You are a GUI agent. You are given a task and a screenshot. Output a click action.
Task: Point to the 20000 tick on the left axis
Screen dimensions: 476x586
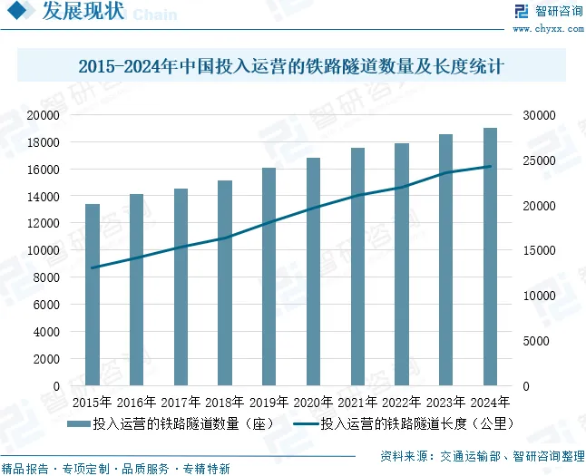(44, 115)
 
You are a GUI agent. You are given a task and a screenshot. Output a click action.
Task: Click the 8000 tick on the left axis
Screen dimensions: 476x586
(47, 277)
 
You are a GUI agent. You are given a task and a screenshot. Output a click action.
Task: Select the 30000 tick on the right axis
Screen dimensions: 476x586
(537, 115)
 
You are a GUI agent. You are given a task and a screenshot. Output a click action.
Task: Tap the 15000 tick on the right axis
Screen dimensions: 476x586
(537, 250)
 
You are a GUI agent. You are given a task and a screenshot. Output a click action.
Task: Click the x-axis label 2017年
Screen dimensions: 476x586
(181, 402)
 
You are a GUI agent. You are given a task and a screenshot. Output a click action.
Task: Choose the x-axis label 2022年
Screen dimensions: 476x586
(401, 402)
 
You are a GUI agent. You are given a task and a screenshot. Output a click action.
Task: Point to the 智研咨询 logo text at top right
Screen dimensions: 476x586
(548, 12)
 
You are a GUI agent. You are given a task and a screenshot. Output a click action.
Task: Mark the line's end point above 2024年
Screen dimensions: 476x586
(490, 166)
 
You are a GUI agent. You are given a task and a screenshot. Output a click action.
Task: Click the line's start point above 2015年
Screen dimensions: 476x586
(93, 267)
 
